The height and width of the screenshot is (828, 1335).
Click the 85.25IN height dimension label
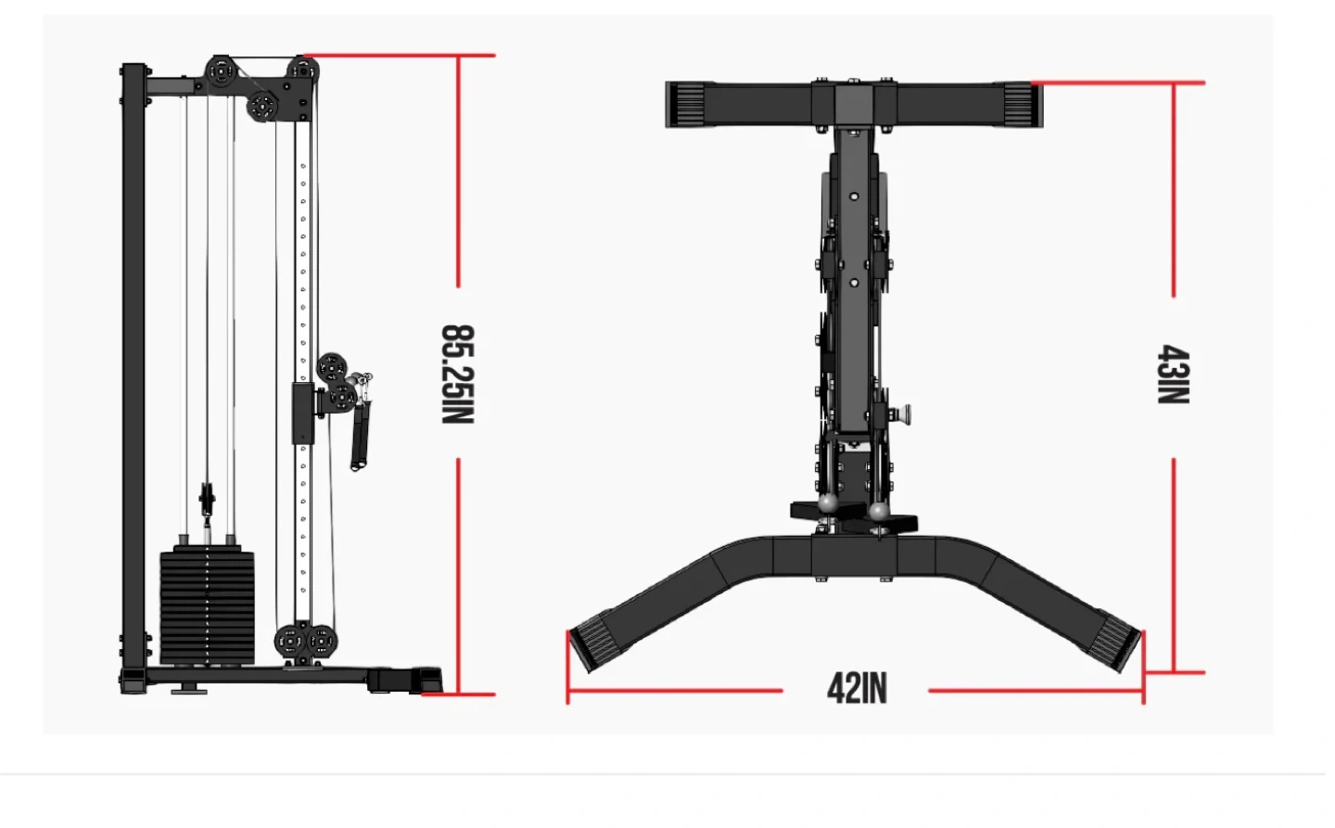coord(458,375)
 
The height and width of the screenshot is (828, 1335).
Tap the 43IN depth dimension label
coord(1173,375)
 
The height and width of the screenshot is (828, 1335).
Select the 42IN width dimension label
coord(857,689)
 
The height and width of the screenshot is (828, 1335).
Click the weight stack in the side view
coord(208,606)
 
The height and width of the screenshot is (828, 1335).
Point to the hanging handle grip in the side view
coord(360,435)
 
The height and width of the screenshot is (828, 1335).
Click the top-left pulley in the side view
coord(221,72)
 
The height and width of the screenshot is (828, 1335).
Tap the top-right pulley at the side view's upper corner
coord(303,70)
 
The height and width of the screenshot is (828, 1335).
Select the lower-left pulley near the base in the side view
coord(290,642)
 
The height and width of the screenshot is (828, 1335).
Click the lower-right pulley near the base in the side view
coord(321,642)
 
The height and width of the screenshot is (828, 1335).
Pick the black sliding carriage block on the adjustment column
coord(303,414)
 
